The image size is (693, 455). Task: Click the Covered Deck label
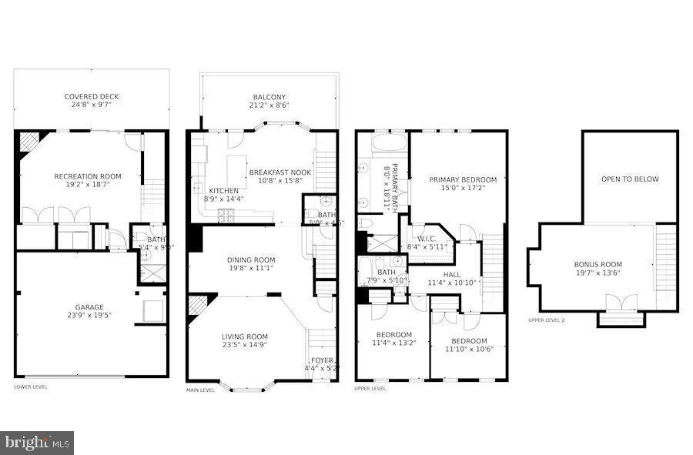tap(92, 97)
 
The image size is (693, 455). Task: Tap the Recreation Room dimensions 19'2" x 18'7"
tap(88, 185)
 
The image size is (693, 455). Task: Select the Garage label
tap(89, 306)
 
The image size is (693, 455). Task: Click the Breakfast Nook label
tap(280, 172)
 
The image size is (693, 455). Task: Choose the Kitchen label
tap(223, 191)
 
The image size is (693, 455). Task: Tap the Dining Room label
tap(250, 260)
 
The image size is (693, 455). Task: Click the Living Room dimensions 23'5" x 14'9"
tap(244, 346)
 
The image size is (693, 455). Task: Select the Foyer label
tap(321, 360)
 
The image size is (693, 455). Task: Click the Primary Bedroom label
tap(463, 179)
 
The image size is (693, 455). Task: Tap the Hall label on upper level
tap(452, 275)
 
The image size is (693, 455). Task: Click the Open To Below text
tap(630, 179)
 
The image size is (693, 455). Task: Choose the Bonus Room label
tap(598, 264)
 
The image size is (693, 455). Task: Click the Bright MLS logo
tap(38, 442)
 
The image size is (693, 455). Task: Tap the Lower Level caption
tap(30, 386)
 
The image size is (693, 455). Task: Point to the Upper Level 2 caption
tap(546, 320)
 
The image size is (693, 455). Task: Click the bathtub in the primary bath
tap(382, 144)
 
